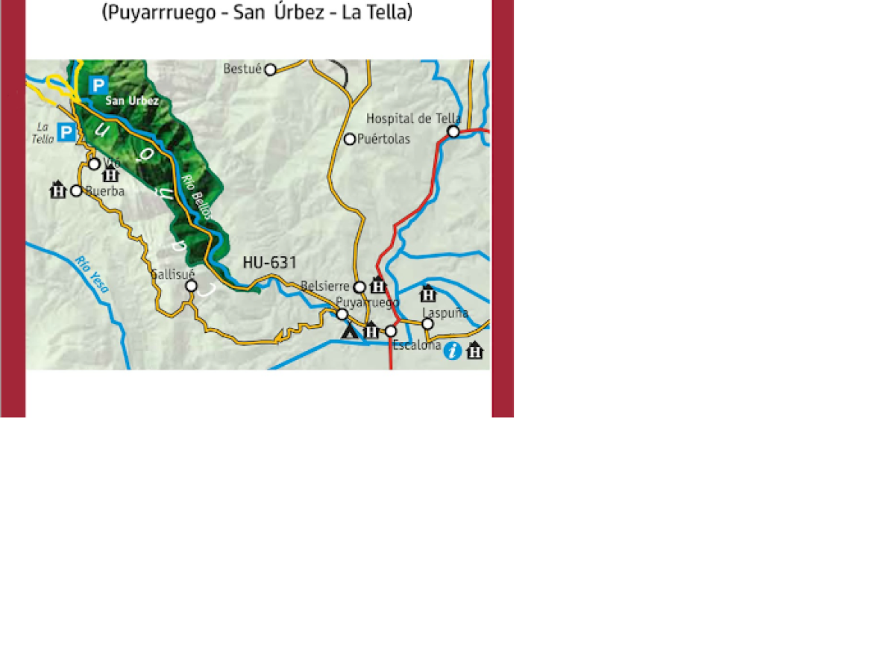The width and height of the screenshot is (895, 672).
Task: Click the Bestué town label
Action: click(x=242, y=69)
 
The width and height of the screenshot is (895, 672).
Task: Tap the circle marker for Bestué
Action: click(x=271, y=69)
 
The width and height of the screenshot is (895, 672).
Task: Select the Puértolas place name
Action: click(x=383, y=139)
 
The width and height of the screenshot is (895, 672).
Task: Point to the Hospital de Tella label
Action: click(x=413, y=119)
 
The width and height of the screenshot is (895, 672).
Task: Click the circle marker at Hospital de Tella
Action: click(x=453, y=131)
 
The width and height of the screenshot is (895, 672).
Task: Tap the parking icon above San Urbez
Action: click(x=98, y=85)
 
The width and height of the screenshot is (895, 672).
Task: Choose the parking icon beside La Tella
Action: click(x=66, y=133)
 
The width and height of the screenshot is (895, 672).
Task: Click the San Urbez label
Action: click(x=132, y=101)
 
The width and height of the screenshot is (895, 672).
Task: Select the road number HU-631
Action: click(x=269, y=263)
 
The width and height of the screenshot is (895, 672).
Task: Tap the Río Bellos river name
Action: click(x=197, y=197)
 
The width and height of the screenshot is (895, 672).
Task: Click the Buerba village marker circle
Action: click(x=76, y=190)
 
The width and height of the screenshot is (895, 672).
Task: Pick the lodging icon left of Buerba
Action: click(x=58, y=190)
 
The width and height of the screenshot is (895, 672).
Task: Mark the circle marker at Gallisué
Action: click(x=191, y=286)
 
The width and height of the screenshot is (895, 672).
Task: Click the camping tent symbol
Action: click(x=349, y=330)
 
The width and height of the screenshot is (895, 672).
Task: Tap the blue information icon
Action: click(x=452, y=351)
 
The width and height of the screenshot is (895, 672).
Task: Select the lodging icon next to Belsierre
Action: click(x=378, y=285)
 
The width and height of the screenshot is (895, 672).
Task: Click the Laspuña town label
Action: click(x=445, y=313)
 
